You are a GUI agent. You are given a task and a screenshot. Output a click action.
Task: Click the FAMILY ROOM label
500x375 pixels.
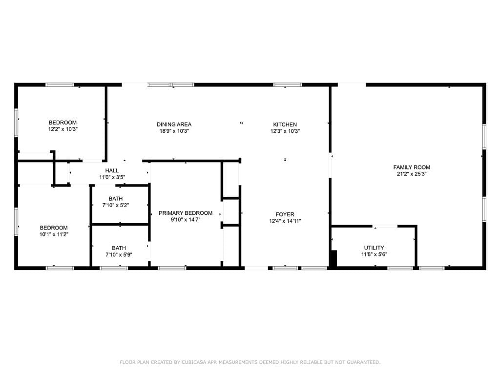[412, 167]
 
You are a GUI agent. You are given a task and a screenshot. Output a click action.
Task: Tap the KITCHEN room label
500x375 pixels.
[285, 125]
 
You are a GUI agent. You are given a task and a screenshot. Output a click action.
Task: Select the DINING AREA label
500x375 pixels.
[174, 125]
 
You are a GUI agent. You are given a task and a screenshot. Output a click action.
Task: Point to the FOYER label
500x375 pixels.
[285, 214]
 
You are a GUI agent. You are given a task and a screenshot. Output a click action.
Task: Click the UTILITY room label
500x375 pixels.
[374, 248]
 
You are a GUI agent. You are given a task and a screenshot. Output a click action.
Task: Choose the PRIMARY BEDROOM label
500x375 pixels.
[186, 213]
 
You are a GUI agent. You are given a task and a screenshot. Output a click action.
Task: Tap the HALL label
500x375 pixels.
[112, 170]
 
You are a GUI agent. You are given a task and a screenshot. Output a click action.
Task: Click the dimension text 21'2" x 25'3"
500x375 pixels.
[412, 174]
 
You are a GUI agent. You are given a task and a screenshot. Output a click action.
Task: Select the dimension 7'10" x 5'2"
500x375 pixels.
[115, 206]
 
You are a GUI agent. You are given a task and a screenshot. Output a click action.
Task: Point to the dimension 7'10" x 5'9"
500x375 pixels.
[119, 255]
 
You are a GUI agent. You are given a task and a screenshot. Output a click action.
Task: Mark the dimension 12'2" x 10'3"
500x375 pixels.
[63, 129]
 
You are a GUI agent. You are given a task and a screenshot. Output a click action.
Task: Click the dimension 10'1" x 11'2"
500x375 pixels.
[54, 234]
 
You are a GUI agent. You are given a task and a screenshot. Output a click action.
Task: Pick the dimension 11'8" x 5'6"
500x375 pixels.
[374, 254]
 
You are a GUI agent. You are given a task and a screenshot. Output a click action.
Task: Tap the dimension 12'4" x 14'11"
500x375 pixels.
[285, 221]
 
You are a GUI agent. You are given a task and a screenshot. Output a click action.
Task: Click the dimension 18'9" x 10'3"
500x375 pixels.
[174, 131]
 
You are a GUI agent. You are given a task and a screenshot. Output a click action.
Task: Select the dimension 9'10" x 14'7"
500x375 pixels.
[186, 220]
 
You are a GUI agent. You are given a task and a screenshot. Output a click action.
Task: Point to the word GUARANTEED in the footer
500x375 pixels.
[363, 362]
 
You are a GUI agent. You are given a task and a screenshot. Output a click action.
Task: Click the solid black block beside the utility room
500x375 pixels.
[333, 259]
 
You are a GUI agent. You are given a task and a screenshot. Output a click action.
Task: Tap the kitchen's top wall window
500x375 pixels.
[288, 85]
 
